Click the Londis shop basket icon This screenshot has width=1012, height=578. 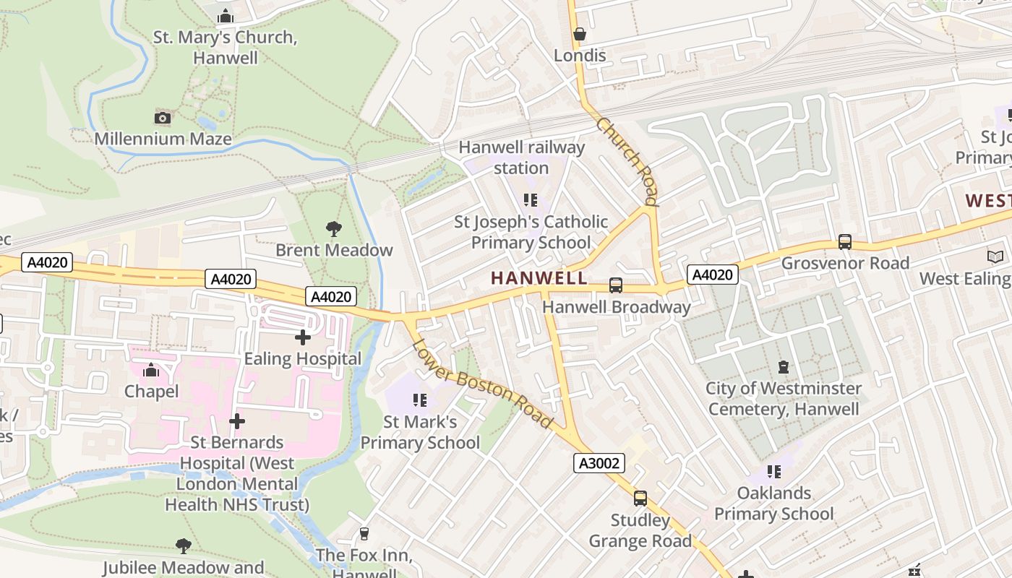pyautogui.click(x=579, y=34)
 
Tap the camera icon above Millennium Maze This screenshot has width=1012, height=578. pyautogui.click(x=163, y=118)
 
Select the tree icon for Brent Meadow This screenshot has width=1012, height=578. pyautogui.click(x=334, y=229)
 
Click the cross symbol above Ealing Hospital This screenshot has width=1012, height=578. pyautogui.click(x=303, y=337)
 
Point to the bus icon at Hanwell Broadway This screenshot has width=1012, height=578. pyautogui.click(x=616, y=285)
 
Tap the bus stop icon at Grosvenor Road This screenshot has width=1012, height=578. pyautogui.click(x=844, y=242)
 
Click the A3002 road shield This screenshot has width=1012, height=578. pyautogui.click(x=599, y=463)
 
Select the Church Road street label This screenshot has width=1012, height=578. pyautogui.click(x=627, y=161)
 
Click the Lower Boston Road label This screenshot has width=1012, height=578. pyautogui.click(x=482, y=383)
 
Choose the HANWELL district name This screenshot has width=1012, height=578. pyautogui.click(x=538, y=277)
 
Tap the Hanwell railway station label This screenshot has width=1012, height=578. pyautogui.click(x=521, y=158)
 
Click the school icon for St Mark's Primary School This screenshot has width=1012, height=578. pyautogui.click(x=419, y=400)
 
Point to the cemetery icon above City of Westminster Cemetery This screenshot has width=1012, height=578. pyautogui.click(x=784, y=367)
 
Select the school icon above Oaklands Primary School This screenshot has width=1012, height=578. pyautogui.click(x=774, y=472)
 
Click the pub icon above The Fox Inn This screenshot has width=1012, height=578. pyautogui.click(x=364, y=534)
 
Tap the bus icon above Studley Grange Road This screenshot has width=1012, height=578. pyautogui.click(x=640, y=498)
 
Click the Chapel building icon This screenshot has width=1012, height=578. pyautogui.click(x=151, y=370)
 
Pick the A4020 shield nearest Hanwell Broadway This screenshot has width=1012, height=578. pyautogui.click(x=712, y=275)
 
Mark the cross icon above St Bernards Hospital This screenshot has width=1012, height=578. pyautogui.click(x=237, y=420)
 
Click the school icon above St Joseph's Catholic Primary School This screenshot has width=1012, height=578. pyautogui.click(x=531, y=199)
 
